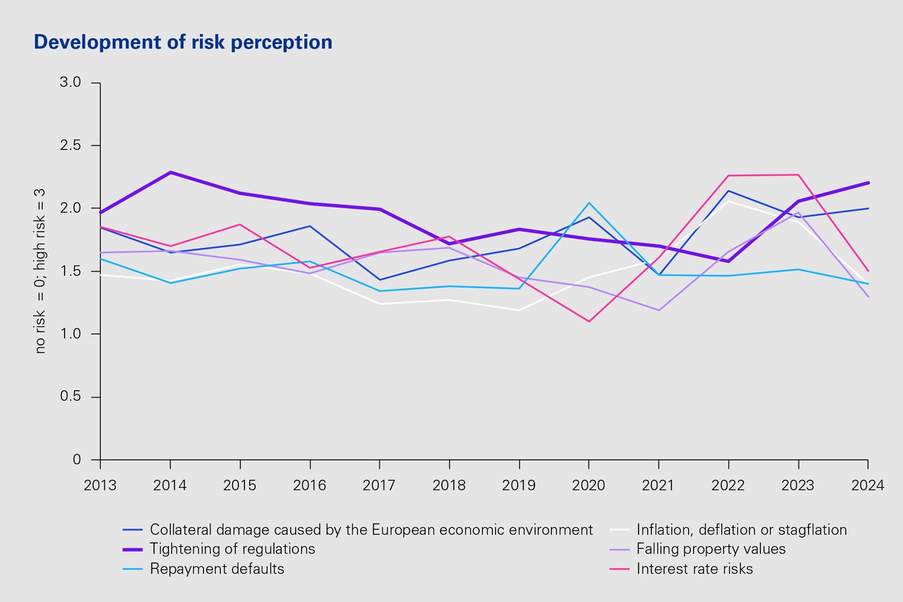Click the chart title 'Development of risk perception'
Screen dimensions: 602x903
(183, 42)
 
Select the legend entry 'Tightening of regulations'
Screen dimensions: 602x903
(232, 549)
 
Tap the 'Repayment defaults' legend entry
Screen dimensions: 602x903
(217, 569)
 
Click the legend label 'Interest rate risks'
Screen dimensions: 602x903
(695, 569)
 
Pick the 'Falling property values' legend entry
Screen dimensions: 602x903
(711, 549)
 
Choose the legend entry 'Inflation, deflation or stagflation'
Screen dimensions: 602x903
(742, 530)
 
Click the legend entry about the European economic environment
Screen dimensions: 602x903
(371, 530)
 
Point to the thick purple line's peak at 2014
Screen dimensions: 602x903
(170, 172)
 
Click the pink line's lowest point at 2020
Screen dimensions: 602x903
(589, 321)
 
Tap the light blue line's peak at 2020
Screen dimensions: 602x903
(589, 203)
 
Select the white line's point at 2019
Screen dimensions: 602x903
(519, 310)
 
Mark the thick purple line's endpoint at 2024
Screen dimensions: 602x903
(867, 182)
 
